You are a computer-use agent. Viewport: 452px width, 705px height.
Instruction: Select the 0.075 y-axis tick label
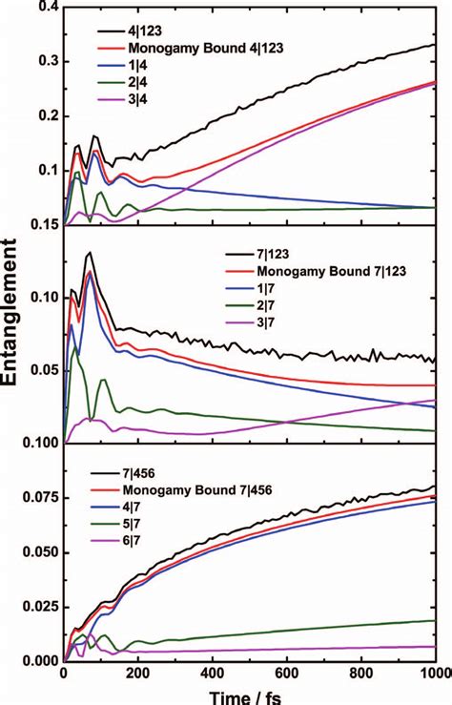click(x=36, y=497)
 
